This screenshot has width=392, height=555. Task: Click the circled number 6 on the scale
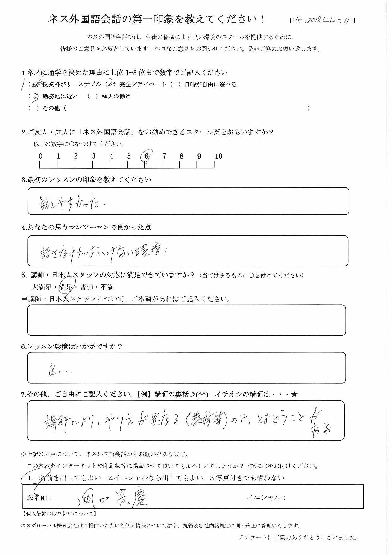pyautogui.click(x=146, y=156)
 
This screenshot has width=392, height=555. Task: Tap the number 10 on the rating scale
pyautogui.click(x=218, y=156)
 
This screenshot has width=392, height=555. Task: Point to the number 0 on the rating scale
pyautogui.click(x=41, y=156)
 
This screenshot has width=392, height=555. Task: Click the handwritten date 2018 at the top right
pyautogui.click(x=314, y=20)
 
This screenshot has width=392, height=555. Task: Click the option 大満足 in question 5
pyautogui.click(x=42, y=287)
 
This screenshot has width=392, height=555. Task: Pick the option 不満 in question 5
pyautogui.click(x=107, y=287)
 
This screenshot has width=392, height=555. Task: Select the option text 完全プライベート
pyautogui.click(x=142, y=84)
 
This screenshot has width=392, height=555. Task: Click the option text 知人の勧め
pyautogui.click(x=116, y=96)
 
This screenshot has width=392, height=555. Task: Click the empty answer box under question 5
pyautogui.click(x=186, y=320)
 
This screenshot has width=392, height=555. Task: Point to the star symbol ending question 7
pyautogui.click(x=294, y=394)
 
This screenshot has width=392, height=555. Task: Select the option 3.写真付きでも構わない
pyautogui.click(x=247, y=478)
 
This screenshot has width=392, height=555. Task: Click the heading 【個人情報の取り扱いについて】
pyautogui.click(x=59, y=514)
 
